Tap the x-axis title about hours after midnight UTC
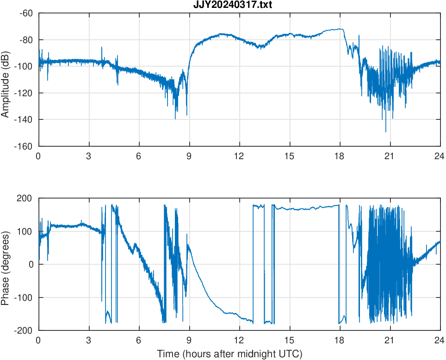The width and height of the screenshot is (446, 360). pyautogui.click(x=229, y=354)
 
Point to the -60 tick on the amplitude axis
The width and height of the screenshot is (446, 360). pyautogui.click(x=25, y=13)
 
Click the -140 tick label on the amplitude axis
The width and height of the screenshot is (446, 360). pyautogui.click(x=24, y=120)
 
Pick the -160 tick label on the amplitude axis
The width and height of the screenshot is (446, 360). pyautogui.click(x=24, y=146)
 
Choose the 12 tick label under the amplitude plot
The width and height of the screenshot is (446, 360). pyautogui.click(x=239, y=156)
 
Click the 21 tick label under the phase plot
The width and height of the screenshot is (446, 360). pyautogui.click(x=390, y=340)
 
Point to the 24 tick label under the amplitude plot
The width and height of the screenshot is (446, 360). pyautogui.click(x=440, y=156)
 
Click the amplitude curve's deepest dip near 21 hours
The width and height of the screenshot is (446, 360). pyautogui.click(x=386, y=131)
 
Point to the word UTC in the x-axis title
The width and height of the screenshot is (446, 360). pyautogui.click(x=291, y=354)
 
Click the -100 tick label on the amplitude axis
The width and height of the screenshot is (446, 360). pyautogui.click(x=24, y=67)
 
